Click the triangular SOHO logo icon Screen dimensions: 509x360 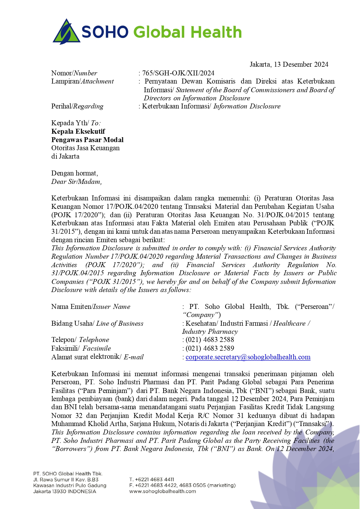point(66,32)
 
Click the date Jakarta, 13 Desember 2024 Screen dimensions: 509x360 point(289,64)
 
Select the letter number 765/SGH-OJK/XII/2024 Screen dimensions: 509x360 point(178,73)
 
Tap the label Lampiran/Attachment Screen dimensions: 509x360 point(82,81)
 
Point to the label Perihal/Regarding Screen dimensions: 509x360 point(77,106)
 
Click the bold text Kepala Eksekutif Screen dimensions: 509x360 point(78,131)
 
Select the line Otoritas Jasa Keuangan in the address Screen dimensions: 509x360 point(85,148)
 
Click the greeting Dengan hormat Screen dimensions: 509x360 point(75,173)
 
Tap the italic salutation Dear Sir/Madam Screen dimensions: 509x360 point(76,182)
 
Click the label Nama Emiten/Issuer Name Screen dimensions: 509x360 point(91,307)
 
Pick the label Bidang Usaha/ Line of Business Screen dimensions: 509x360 point(97,323)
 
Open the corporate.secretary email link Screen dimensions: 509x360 point(248,357)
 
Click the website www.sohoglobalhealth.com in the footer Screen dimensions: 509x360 point(162,491)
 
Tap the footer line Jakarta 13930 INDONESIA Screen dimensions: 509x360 point(64,491)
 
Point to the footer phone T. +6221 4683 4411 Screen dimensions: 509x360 point(151,479)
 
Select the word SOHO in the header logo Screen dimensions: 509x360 point(105,32)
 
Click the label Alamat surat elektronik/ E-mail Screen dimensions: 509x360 point(97,357)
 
